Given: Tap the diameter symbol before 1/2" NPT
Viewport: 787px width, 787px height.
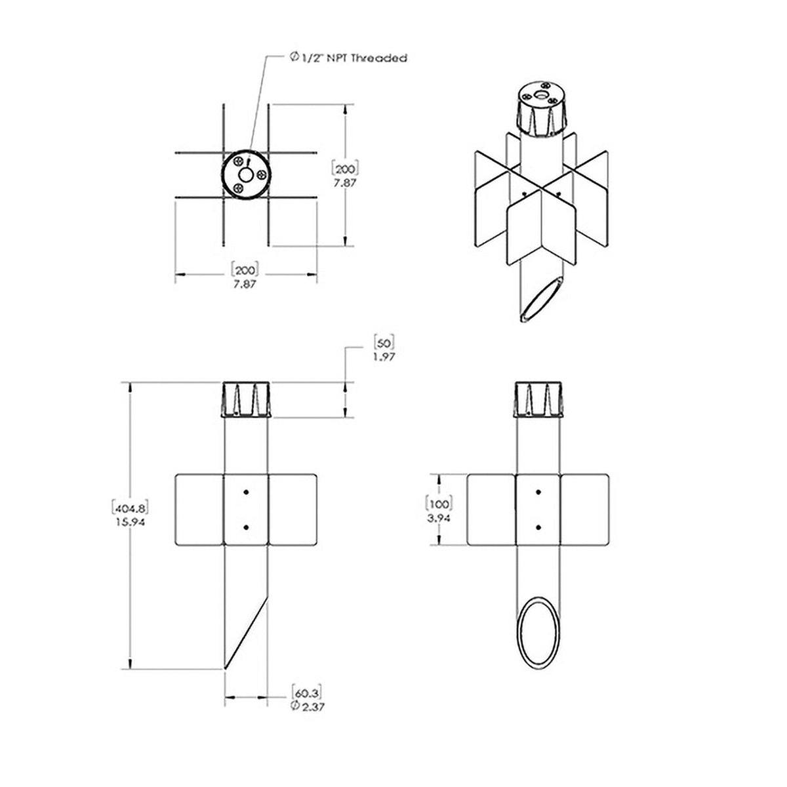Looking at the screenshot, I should (294, 58).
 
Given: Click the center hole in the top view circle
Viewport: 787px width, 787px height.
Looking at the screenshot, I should (247, 175).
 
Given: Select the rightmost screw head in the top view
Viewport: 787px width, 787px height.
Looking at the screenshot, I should (261, 175).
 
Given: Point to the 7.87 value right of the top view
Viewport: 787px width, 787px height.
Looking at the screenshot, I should (344, 184).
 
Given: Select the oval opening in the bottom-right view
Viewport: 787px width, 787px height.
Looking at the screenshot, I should (538, 632).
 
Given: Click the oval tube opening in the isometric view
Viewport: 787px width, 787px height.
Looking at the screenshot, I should (541, 300).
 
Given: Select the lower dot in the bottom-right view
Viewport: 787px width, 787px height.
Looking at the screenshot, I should (538, 527).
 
